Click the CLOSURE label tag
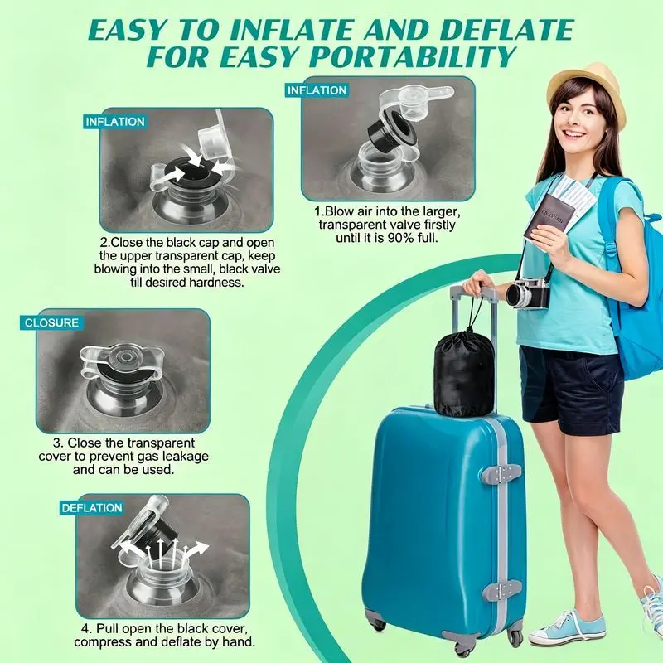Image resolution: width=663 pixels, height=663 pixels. pos(51,322)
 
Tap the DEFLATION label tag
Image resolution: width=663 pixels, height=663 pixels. pos(92,508)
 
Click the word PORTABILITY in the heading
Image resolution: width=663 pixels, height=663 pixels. pos(410,56)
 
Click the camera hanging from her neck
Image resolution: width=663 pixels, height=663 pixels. pos(529,293)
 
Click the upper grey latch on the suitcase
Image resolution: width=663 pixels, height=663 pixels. pos(502,472)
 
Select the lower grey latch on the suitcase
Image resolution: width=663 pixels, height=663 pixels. pos(502,589)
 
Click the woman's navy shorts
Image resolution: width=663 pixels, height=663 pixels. pos(571,390)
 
